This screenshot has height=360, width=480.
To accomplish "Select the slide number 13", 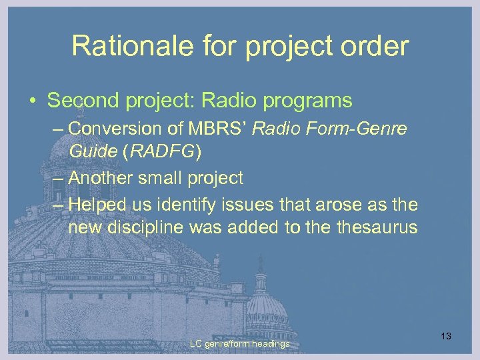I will (446, 336).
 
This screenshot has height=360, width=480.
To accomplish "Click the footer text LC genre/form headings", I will (239, 344).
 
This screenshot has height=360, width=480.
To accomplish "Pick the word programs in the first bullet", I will (310, 101).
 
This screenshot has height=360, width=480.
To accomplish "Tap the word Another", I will (101, 178).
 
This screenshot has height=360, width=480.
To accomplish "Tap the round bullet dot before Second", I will (32, 101).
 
